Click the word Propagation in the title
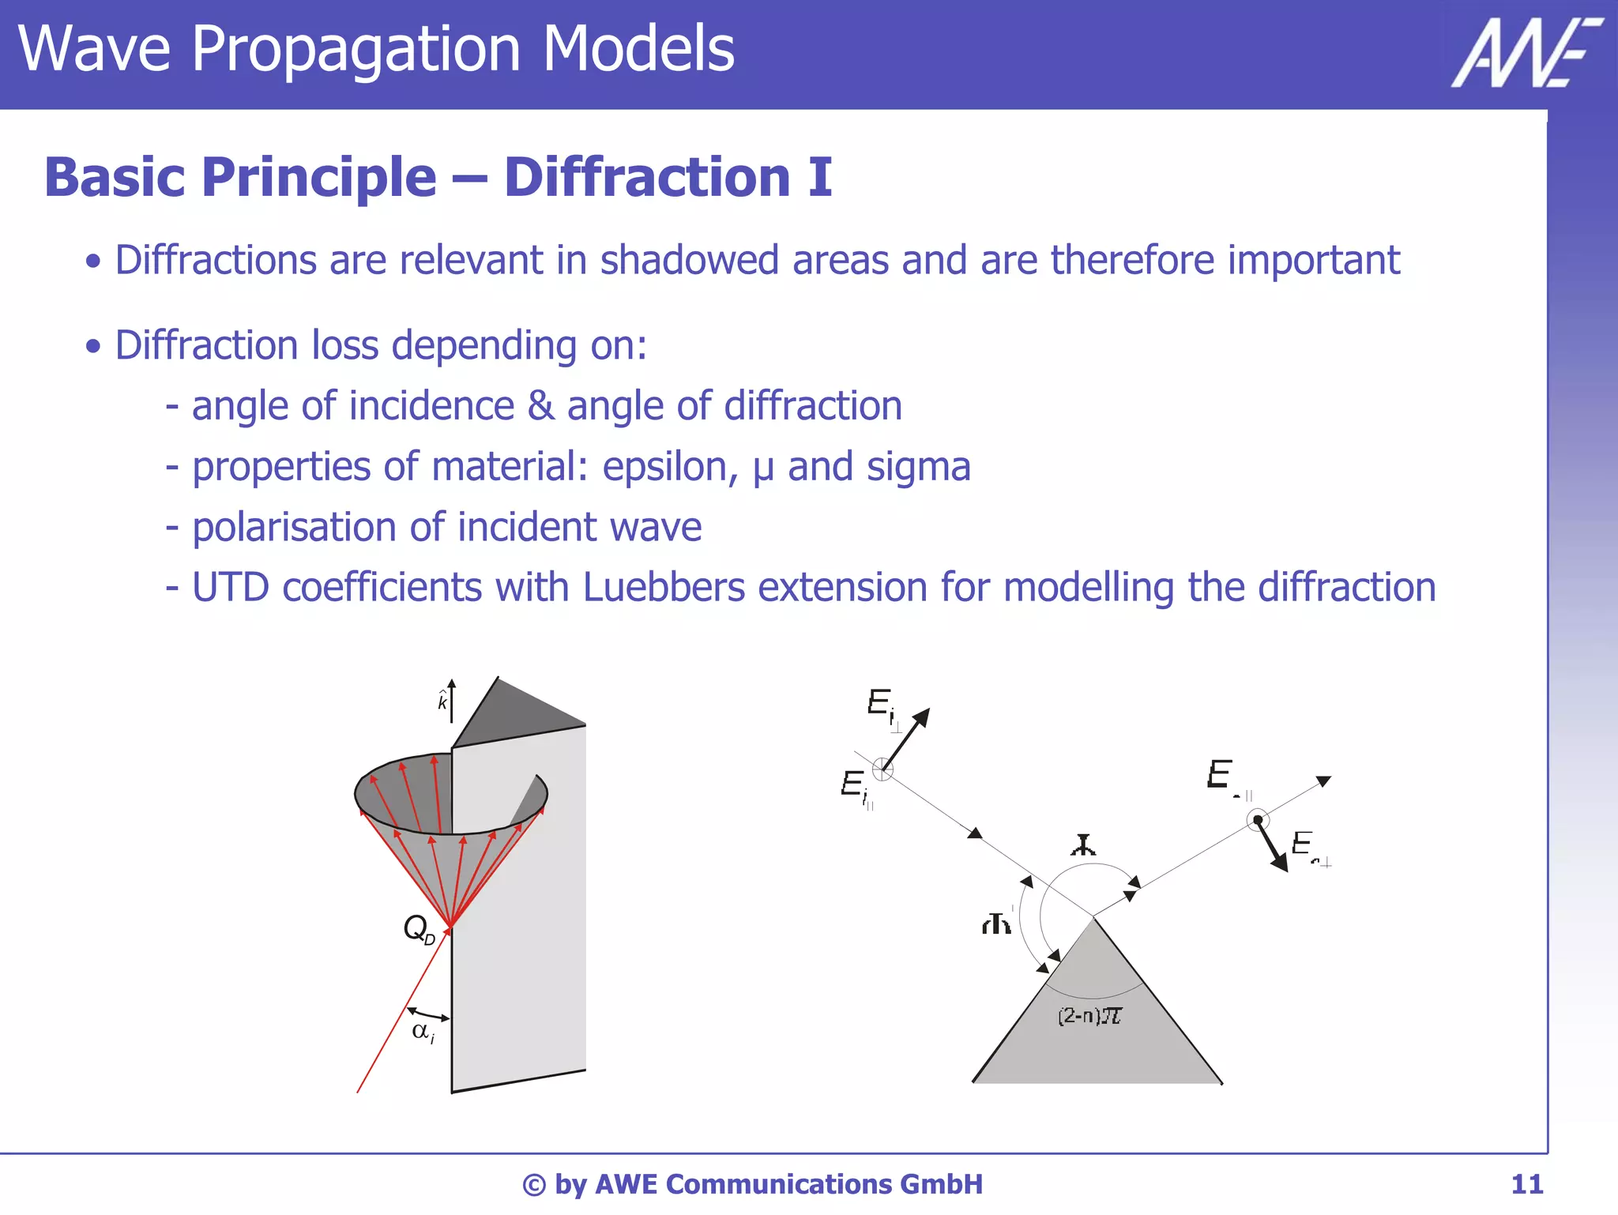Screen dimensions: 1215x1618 pos(356,49)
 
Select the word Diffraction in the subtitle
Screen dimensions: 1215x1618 pos(647,177)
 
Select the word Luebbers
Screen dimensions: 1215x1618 pos(664,588)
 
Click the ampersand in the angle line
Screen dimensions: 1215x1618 pos(540,406)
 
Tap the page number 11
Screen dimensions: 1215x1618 pos(1526,1184)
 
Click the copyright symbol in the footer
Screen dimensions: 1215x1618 pos(534,1185)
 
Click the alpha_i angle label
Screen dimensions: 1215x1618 pos(423,1032)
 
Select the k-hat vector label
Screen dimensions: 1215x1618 pos(442,700)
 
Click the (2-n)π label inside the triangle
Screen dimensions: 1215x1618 pos(1089,1016)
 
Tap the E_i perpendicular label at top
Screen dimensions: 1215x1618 pos(883,705)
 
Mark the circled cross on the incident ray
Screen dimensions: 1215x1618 pos(882,769)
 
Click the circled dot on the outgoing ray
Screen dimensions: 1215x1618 pos(1258,820)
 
